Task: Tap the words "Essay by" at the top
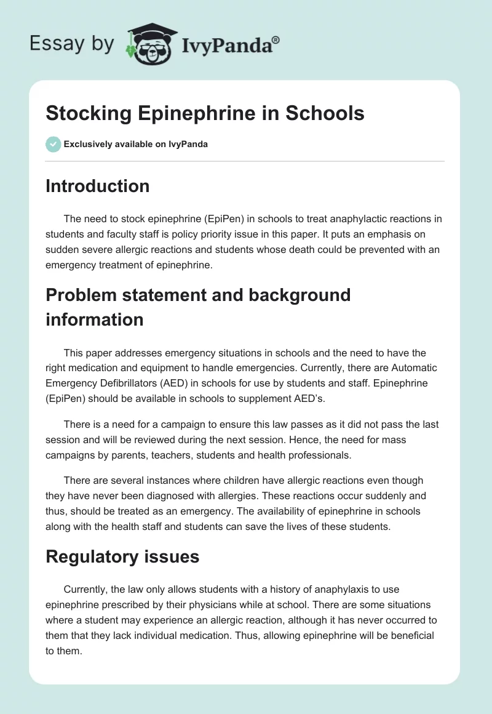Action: (x=72, y=43)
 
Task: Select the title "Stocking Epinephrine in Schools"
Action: (x=205, y=113)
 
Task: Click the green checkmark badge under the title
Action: (x=53, y=144)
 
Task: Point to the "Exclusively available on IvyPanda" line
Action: (x=135, y=145)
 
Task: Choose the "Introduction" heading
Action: (x=97, y=186)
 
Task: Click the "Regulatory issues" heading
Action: (x=122, y=556)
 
